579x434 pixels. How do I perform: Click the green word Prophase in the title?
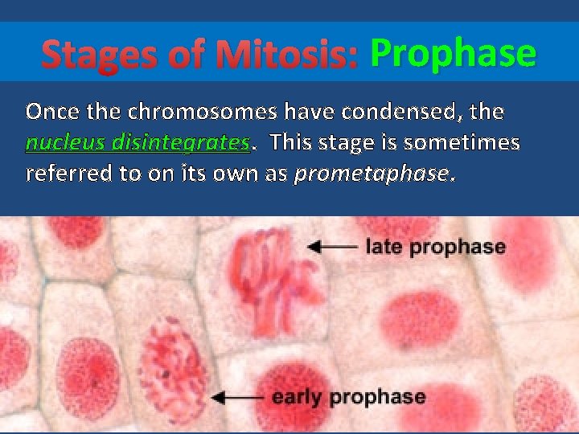coord(453,54)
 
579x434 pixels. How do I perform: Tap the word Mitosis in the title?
coord(289,55)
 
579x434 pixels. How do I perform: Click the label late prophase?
coord(435,247)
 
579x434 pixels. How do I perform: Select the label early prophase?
coord(348,396)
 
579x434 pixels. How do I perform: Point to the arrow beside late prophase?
coord(332,247)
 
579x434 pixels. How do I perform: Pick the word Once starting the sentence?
coord(51,112)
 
